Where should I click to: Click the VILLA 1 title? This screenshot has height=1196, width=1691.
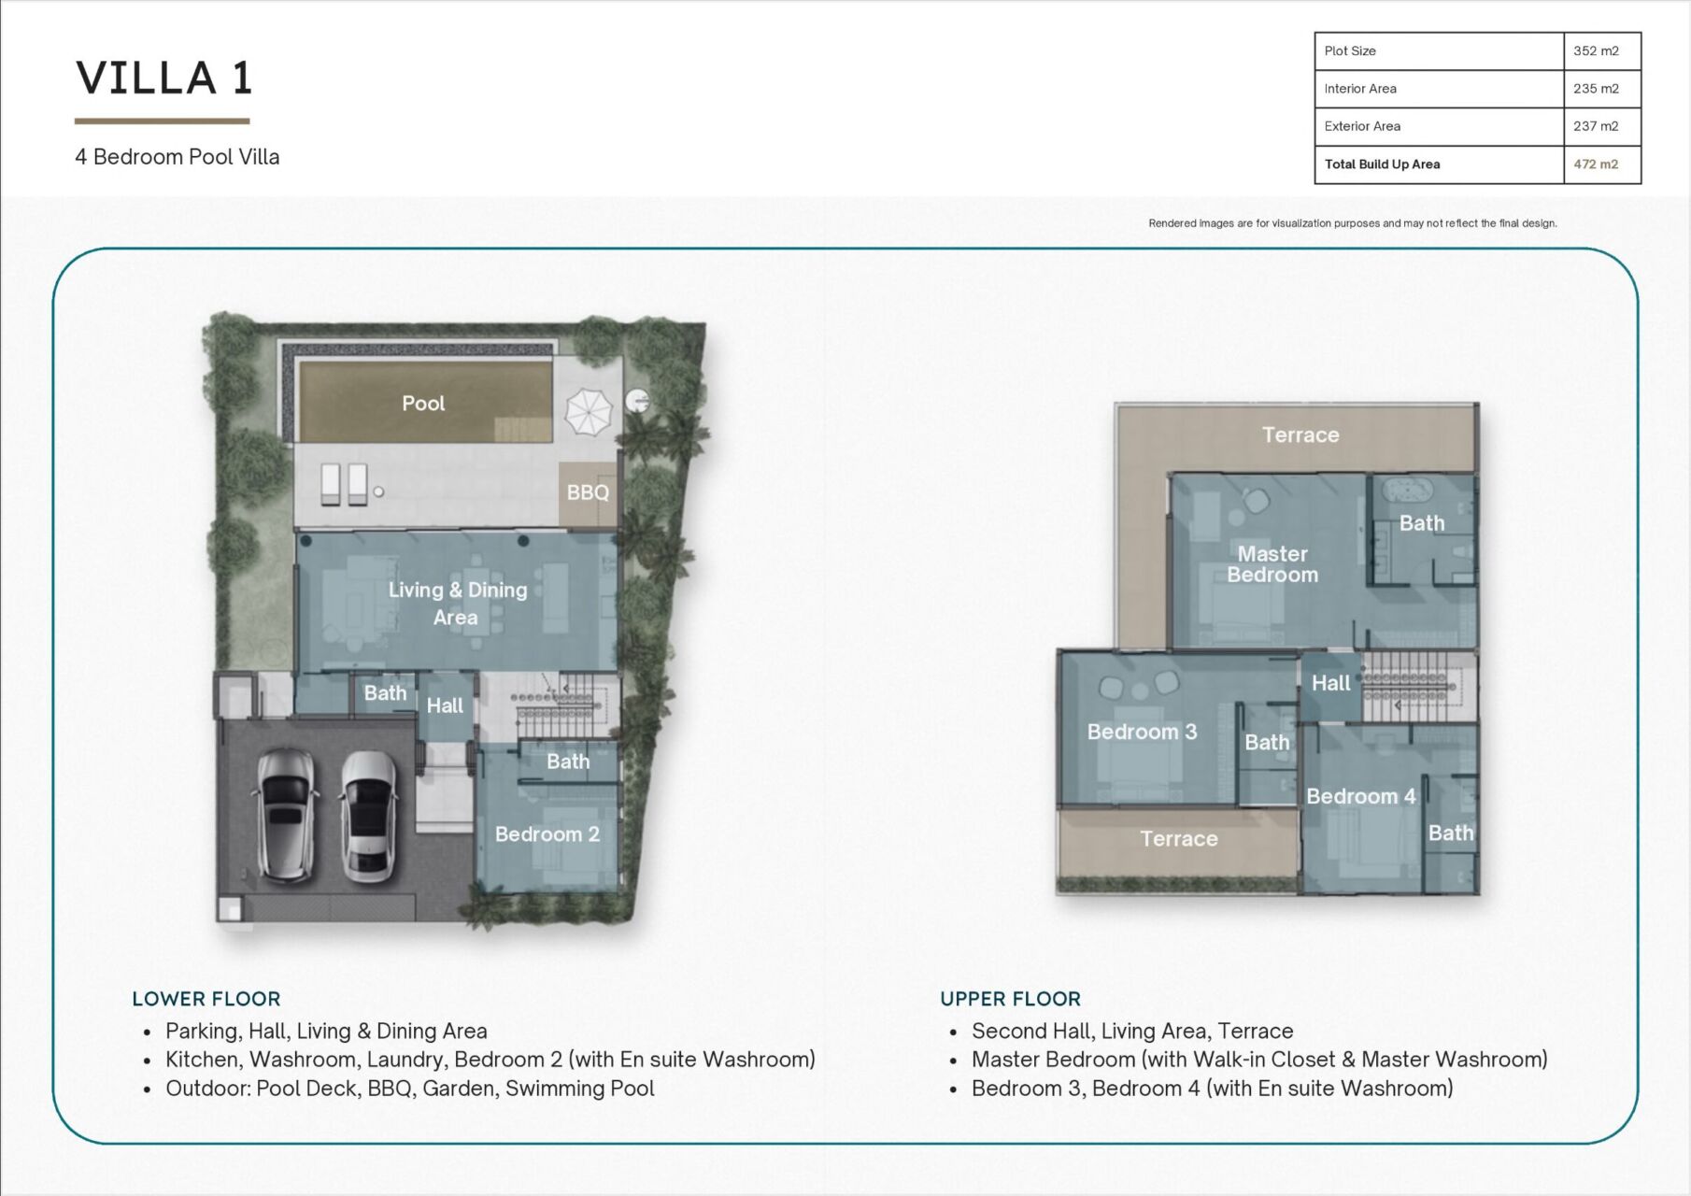tap(164, 78)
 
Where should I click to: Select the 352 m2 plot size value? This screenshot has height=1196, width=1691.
tap(1596, 50)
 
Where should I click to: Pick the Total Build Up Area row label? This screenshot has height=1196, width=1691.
tap(1382, 164)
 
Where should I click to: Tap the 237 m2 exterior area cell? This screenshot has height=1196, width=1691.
tap(1596, 126)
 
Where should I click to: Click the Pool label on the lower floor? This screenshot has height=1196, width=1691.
tap(423, 403)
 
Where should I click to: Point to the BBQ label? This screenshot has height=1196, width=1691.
tap(588, 492)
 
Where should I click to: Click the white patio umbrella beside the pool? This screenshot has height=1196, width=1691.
tap(589, 411)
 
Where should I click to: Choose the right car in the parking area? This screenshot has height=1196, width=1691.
tap(369, 817)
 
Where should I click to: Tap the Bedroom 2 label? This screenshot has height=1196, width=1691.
tap(547, 833)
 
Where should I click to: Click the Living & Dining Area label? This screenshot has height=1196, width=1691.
tap(457, 603)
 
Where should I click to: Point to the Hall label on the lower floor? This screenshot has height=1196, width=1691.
tap(445, 705)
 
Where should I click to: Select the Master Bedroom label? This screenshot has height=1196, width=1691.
tap(1272, 564)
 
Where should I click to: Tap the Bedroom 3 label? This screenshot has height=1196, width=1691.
tap(1142, 732)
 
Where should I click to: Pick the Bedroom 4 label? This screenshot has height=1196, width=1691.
tap(1361, 796)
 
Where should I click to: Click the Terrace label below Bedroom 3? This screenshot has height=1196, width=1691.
tap(1179, 838)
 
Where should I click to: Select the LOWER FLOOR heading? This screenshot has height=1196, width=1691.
tap(206, 999)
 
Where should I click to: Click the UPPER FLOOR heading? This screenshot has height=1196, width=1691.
tap(1011, 999)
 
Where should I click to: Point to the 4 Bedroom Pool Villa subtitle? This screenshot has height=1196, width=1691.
tap(178, 157)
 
